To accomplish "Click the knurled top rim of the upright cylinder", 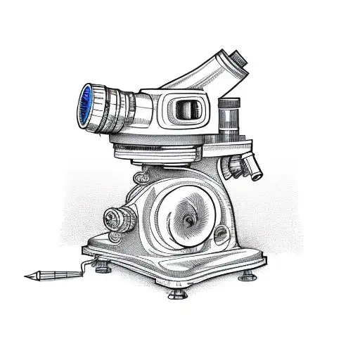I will click(229, 103).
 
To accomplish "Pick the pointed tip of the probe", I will click(27, 276).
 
